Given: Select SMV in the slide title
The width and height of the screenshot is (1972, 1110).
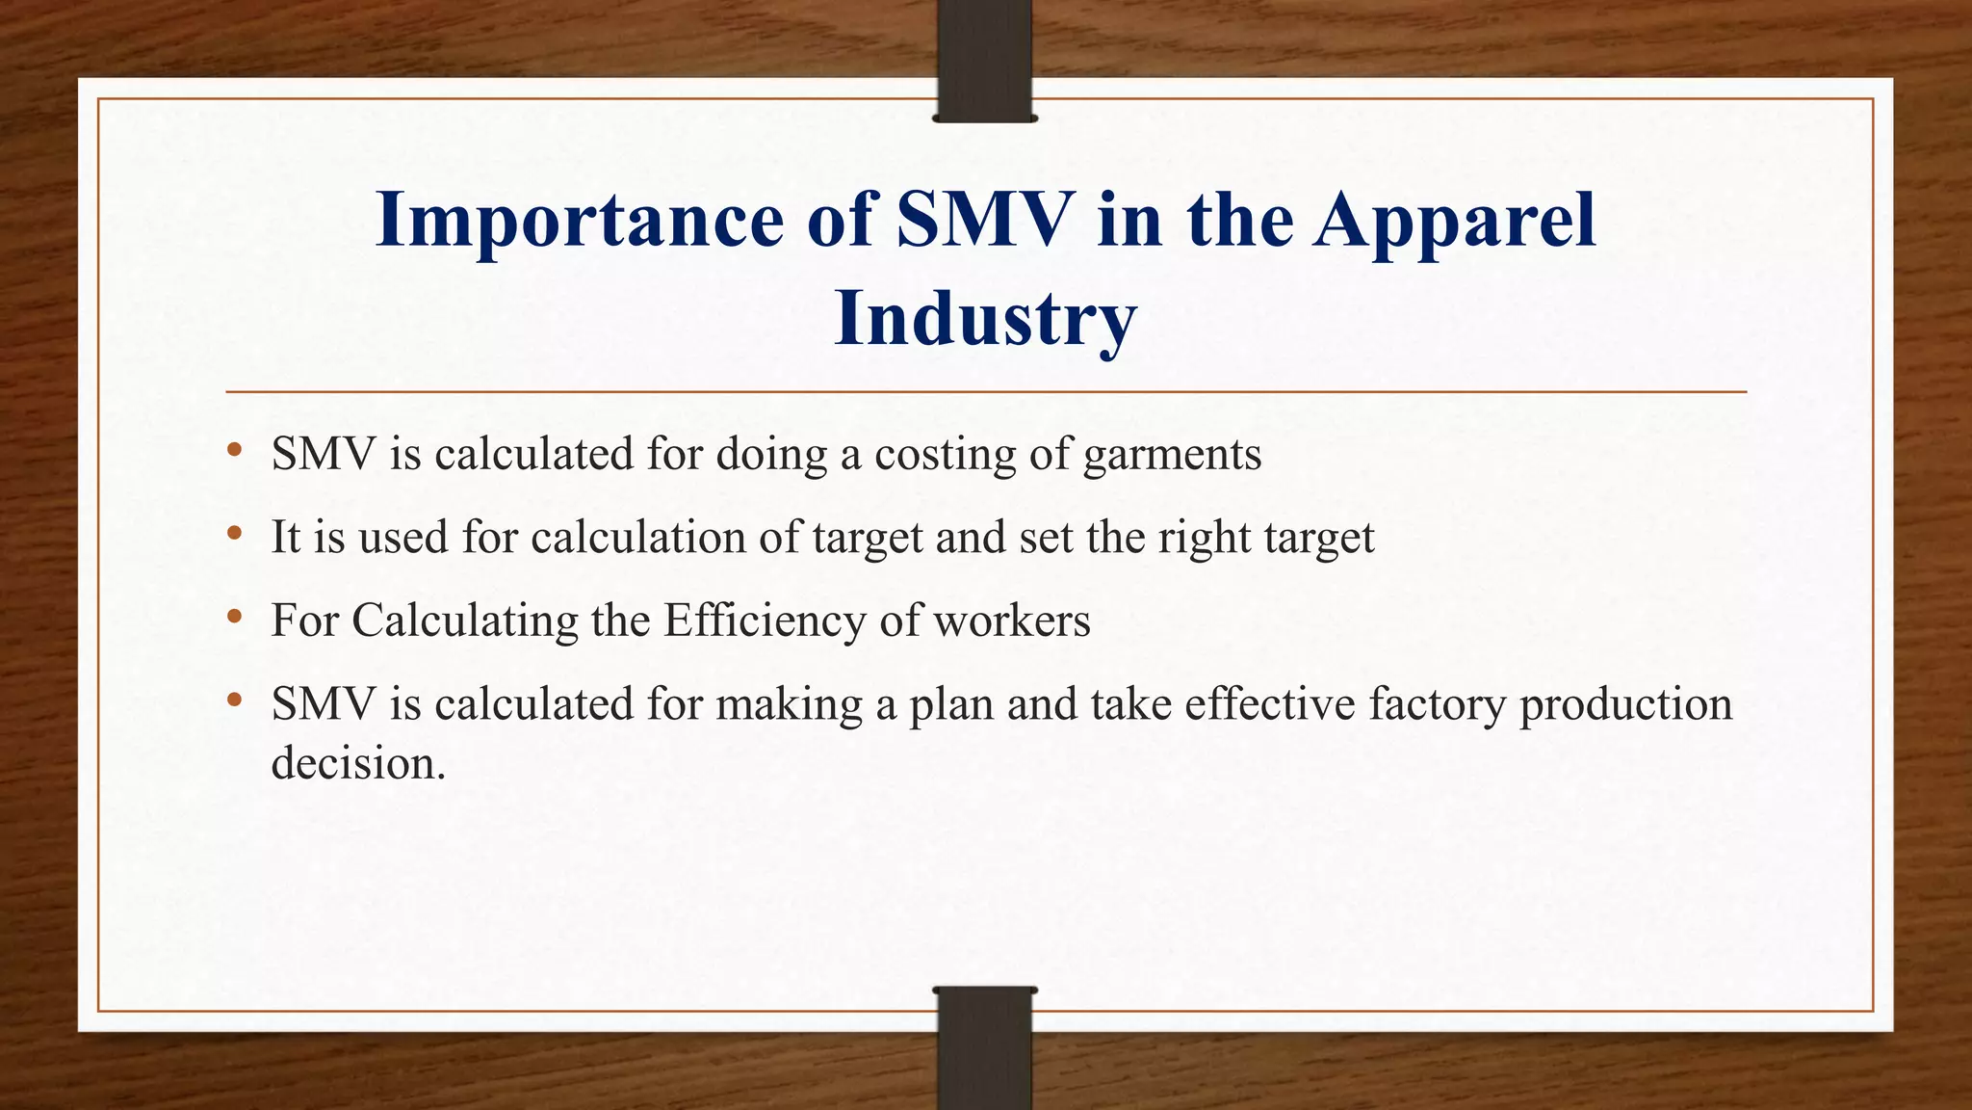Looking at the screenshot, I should (x=983, y=220).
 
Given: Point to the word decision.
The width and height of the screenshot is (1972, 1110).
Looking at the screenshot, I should (x=357, y=763).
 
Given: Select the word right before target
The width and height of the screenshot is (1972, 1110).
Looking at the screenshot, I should (x=1203, y=538).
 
